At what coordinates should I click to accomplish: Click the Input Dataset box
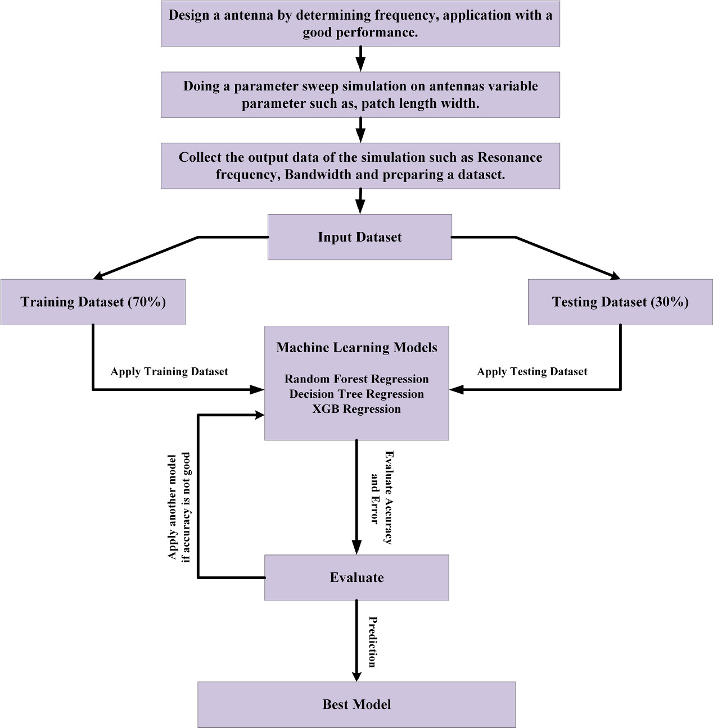[x=359, y=237]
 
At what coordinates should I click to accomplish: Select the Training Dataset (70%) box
[x=93, y=302]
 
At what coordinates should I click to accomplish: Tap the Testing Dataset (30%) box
[x=620, y=302]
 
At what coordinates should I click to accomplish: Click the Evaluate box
[x=356, y=577]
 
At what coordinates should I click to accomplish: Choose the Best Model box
[x=356, y=704]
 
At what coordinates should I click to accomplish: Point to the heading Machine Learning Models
[x=356, y=348]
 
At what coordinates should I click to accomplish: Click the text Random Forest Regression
[x=356, y=379]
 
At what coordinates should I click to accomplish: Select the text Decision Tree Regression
[x=356, y=394]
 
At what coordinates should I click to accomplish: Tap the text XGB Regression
[x=356, y=409]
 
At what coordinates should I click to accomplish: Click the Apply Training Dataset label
[x=169, y=371]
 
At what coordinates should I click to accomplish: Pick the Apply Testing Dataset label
[x=532, y=371]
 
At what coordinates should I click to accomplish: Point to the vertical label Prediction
[x=372, y=641]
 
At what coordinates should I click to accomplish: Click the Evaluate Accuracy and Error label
[x=381, y=498]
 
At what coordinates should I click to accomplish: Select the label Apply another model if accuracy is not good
[x=179, y=507]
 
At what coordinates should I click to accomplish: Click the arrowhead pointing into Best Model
[x=356, y=675]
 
